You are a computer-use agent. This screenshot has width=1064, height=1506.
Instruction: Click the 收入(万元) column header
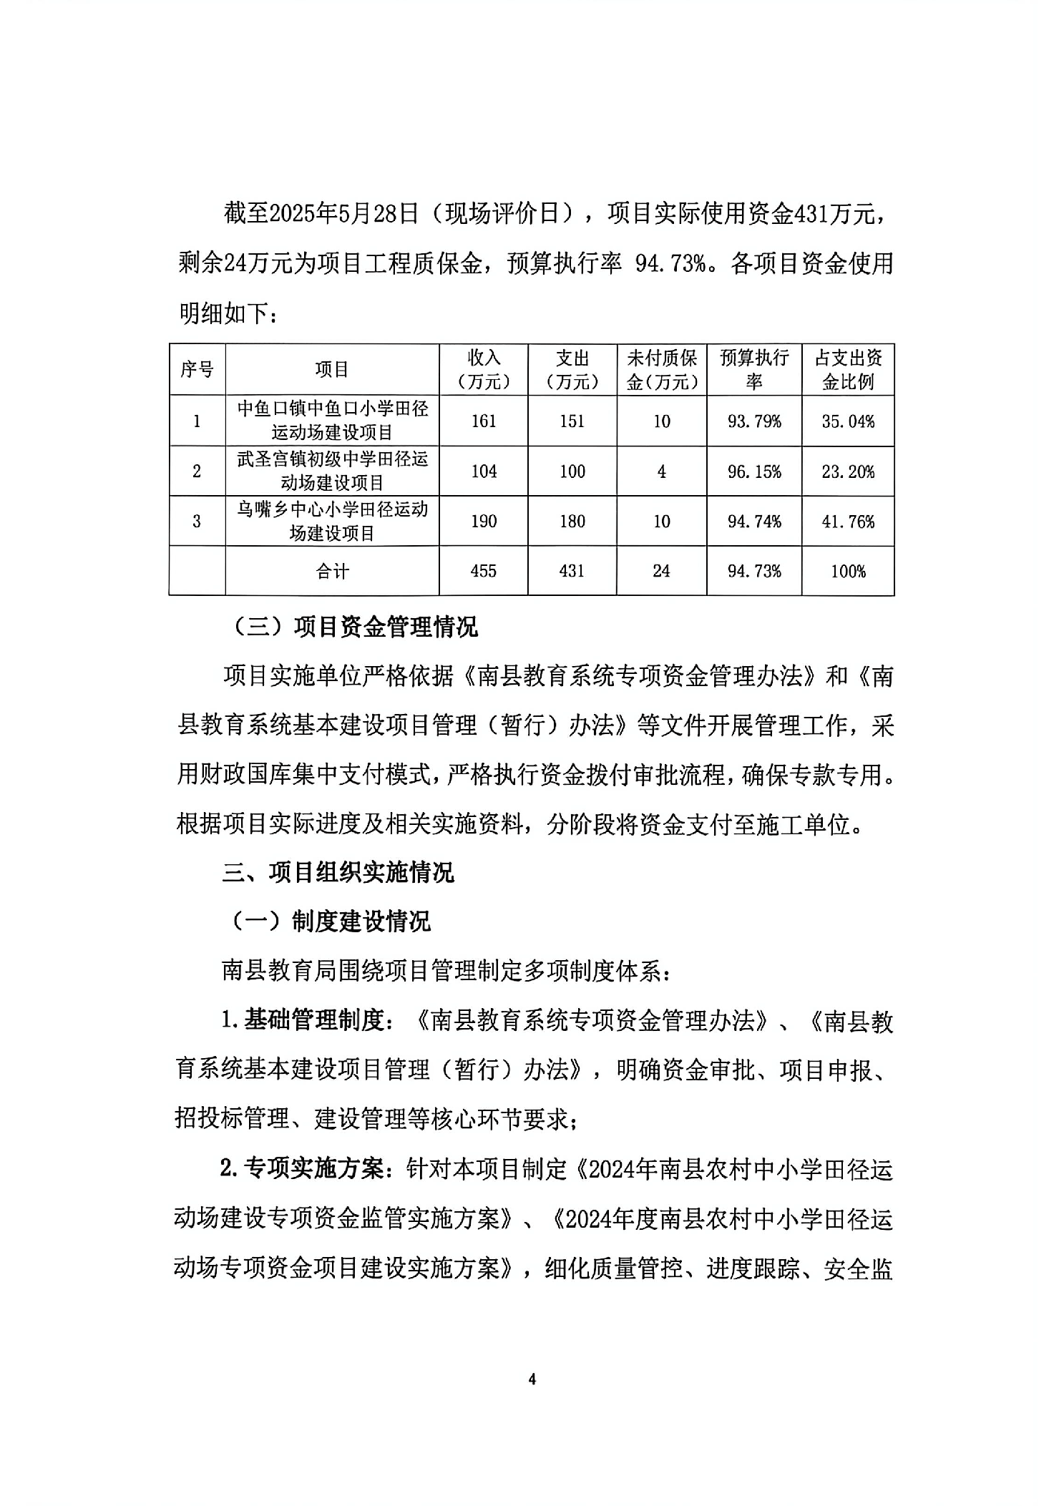pyautogui.click(x=484, y=369)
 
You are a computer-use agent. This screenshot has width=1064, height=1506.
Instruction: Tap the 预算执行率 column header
pyautogui.click(x=753, y=369)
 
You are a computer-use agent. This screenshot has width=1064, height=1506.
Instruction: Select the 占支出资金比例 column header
pyautogui.click(x=848, y=369)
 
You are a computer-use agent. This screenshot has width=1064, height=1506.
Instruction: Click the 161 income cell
pyautogui.click(x=484, y=421)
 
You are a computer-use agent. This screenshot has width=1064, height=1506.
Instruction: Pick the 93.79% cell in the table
pyautogui.click(x=753, y=421)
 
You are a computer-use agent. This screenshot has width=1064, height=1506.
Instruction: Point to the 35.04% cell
pyautogui.click(x=848, y=421)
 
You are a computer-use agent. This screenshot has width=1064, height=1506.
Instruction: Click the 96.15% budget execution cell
pyautogui.click(x=753, y=471)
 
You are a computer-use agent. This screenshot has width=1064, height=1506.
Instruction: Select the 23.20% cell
pyautogui.click(x=848, y=471)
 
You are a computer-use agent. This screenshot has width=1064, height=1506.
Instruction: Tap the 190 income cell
pyautogui.click(x=484, y=522)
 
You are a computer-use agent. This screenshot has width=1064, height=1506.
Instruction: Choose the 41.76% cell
pyautogui.click(x=848, y=522)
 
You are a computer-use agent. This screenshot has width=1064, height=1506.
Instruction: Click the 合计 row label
pyautogui.click(x=332, y=571)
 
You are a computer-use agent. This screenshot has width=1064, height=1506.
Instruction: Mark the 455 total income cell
pyautogui.click(x=484, y=571)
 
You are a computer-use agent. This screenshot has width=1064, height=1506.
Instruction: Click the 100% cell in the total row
pyautogui.click(x=848, y=571)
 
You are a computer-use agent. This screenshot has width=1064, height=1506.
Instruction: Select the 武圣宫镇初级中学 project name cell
pyautogui.click(x=332, y=471)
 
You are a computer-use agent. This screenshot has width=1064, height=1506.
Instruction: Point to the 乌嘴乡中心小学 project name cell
pyautogui.click(x=332, y=522)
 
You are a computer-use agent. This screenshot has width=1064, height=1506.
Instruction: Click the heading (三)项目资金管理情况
pyautogui.click(x=356, y=627)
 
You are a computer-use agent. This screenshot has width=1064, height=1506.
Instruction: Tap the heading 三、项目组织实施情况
pyautogui.click(x=338, y=873)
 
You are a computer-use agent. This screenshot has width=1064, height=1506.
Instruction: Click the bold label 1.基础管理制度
pyautogui.click(x=304, y=1021)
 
